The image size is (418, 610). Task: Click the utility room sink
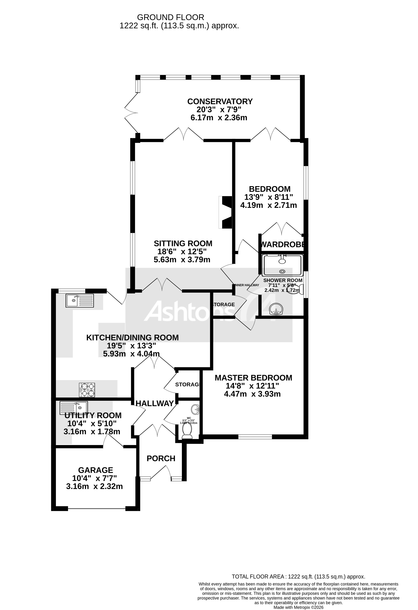(x=74, y=408)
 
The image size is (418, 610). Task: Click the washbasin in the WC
(x=195, y=409)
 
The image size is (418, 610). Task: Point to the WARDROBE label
(x=283, y=244)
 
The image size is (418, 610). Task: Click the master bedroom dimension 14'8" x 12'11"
(x=252, y=386)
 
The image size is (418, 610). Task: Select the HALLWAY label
(x=155, y=403)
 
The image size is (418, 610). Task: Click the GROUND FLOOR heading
(x=170, y=17)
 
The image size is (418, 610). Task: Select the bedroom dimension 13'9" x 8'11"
(x=268, y=197)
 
